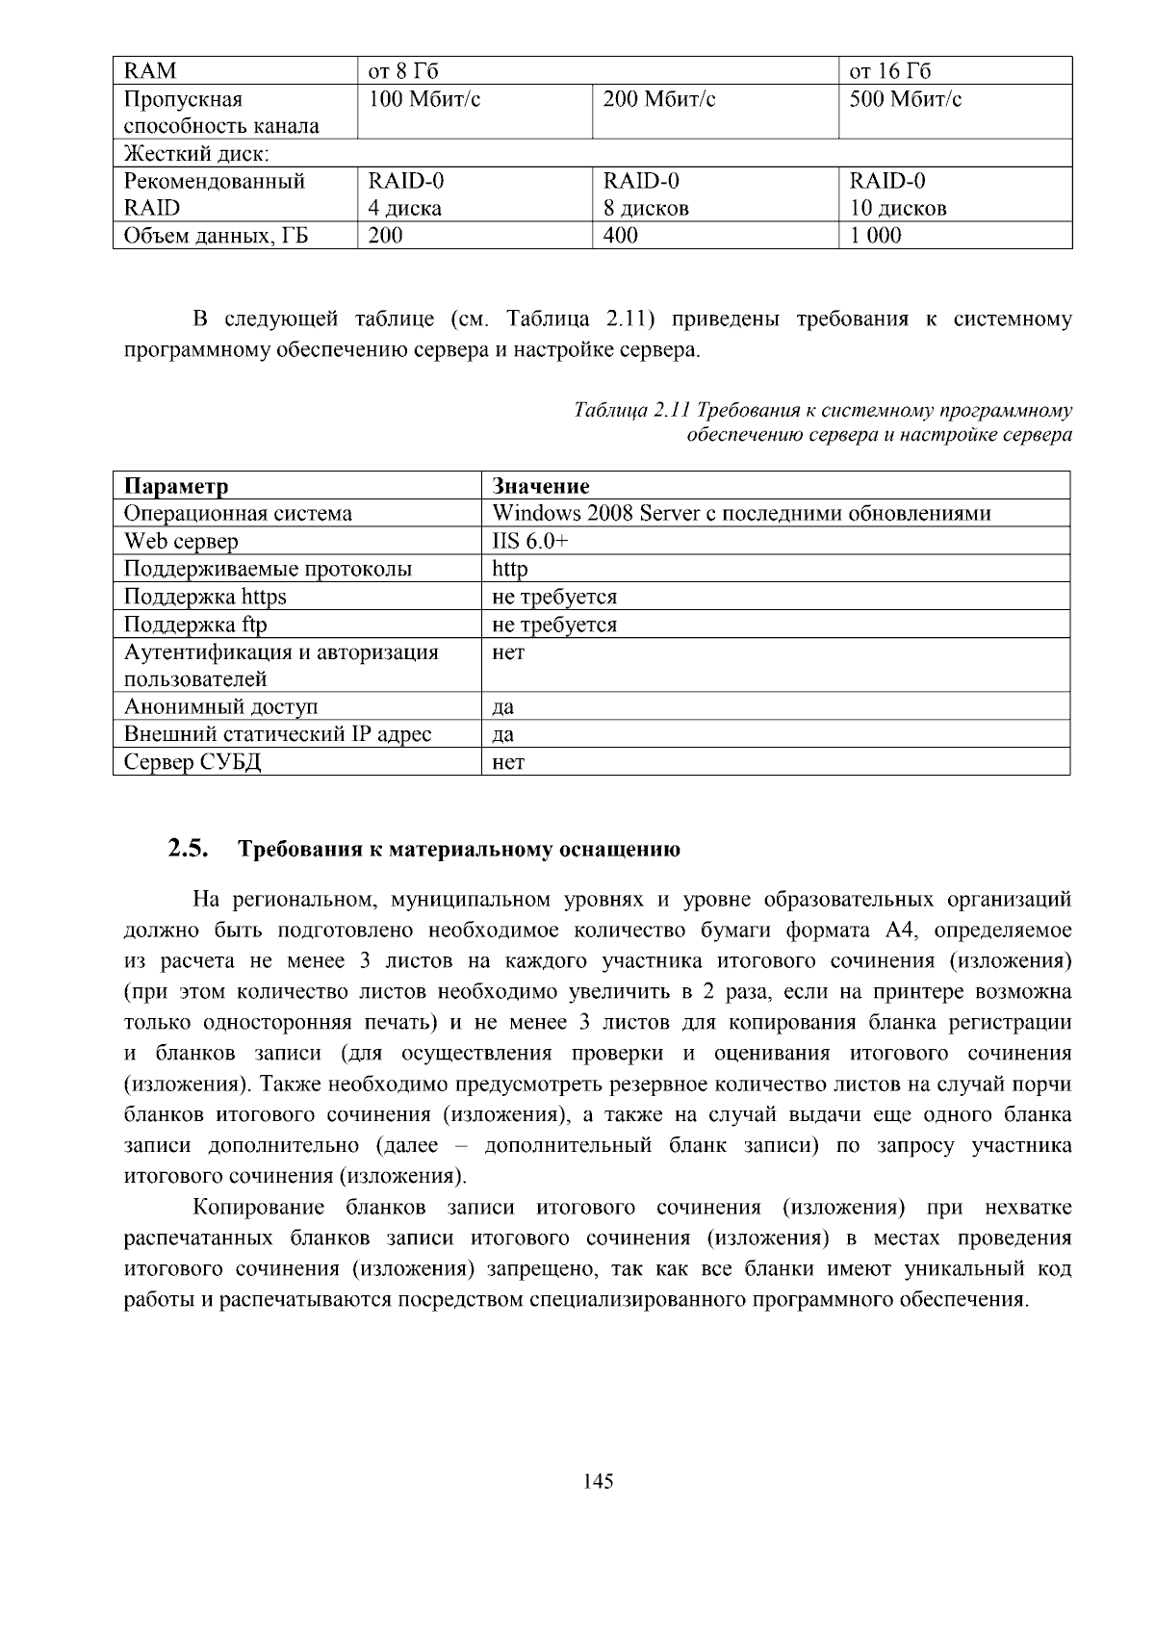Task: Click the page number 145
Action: (x=598, y=1481)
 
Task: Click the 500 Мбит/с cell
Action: (x=905, y=99)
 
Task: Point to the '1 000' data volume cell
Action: (x=875, y=235)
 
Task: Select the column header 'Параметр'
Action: (x=176, y=486)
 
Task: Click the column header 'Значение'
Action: (x=540, y=486)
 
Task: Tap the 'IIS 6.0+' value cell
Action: (x=530, y=541)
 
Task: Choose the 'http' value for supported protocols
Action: (x=510, y=569)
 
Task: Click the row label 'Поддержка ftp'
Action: (x=195, y=625)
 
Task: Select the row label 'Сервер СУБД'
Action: (x=192, y=762)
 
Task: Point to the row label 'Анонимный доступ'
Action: (x=220, y=706)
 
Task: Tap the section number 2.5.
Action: (x=188, y=849)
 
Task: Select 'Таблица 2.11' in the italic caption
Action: (x=632, y=411)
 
